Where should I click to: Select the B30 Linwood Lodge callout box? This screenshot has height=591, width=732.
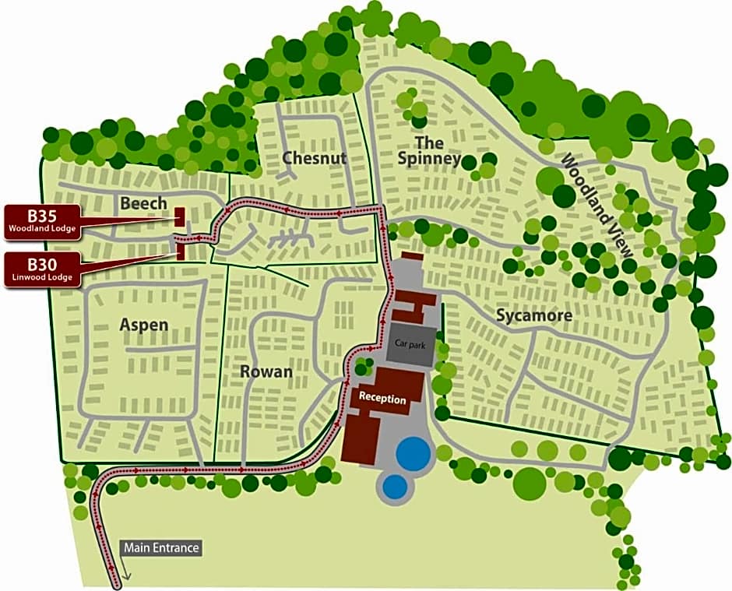tap(42, 269)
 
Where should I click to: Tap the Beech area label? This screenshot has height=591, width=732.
tap(143, 203)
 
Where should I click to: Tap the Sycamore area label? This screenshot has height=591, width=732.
tap(533, 315)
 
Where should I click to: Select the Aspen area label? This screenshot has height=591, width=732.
tap(143, 324)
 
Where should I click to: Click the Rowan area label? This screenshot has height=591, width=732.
tap(266, 371)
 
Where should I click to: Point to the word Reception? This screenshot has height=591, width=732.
tap(382, 399)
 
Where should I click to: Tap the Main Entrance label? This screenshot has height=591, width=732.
tap(161, 547)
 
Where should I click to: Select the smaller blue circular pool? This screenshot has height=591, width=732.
tap(395, 487)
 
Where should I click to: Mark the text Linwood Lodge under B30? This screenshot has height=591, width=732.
tap(42, 278)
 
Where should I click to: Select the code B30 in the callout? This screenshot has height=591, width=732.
tap(42, 264)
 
